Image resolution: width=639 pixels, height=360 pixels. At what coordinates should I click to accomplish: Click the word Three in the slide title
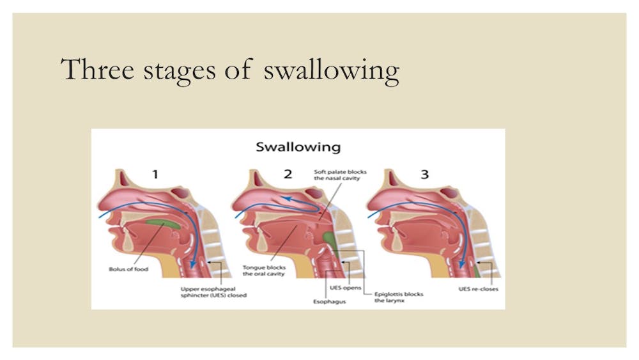pyautogui.click(x=96, y=69)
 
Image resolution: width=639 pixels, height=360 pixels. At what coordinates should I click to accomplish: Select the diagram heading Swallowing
pyautogui.click(x=298, y=147)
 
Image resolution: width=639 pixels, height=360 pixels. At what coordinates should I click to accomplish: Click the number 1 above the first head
pyautogui.click(x=155, y=175)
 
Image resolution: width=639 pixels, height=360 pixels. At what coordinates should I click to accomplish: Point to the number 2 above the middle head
pyautogui.click(x=288, y=175)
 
